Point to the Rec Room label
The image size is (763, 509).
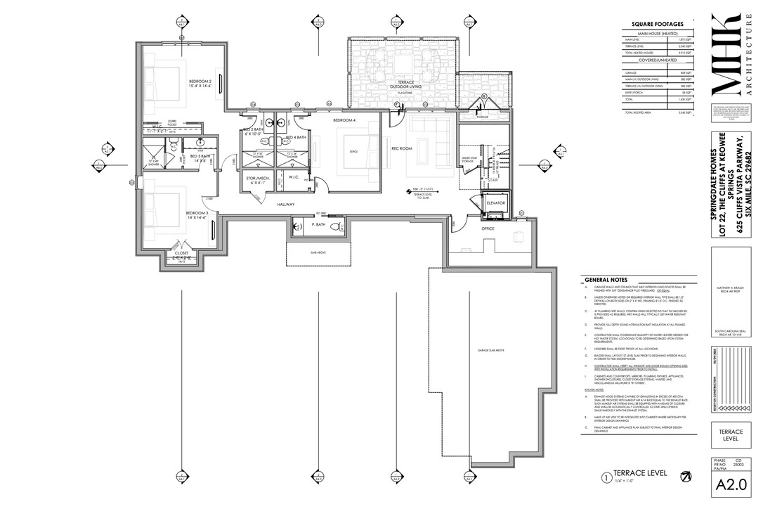[400, 149]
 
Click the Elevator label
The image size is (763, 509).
[496, 202]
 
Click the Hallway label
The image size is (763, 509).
[285, 205]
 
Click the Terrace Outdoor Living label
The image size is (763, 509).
[404, 84]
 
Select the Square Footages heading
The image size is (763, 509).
[658, 24]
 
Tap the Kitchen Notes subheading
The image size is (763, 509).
[595, 389]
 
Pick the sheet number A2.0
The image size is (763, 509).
[731, 485]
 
